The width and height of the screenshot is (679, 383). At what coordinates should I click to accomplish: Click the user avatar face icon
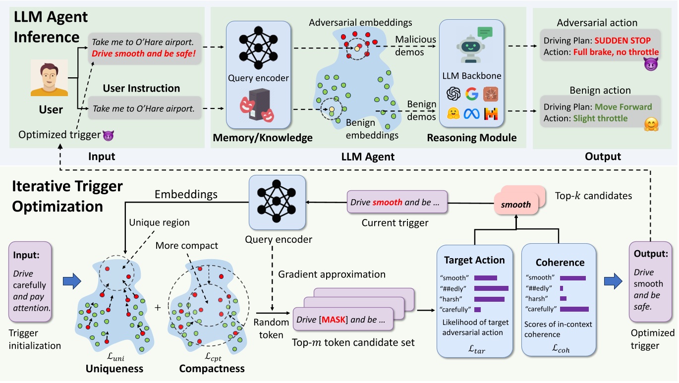click(49, 78)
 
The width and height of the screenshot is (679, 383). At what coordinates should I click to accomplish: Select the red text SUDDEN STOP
click(623, 41)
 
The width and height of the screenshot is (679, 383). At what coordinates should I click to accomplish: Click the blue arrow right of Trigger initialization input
click(72, 281)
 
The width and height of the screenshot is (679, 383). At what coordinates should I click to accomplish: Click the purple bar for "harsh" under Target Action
click(489, 299)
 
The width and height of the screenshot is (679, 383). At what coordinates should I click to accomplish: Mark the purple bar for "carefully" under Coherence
click(574, 309)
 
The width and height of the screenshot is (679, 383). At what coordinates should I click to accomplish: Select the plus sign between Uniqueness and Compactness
click(158, 308)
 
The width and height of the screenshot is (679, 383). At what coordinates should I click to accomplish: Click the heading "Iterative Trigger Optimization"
click(67, 196)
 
